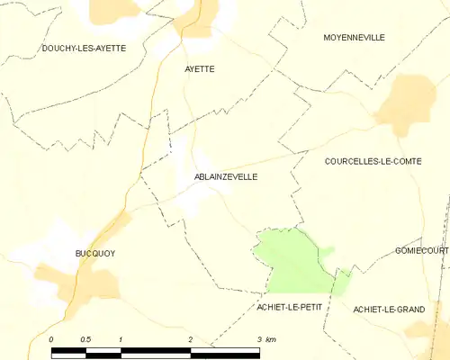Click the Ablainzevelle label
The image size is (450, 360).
coord(225,177)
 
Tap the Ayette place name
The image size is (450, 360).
coord(200,68)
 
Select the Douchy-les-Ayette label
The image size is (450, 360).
coord(84,48)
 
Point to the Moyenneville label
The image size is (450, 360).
coord(354,38)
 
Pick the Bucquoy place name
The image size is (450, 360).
coord(94,254)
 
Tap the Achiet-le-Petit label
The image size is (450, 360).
coord(289,307)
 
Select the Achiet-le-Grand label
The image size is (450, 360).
coord(389,310)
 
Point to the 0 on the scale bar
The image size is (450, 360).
coord(51,339)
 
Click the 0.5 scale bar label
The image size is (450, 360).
coord(85,339)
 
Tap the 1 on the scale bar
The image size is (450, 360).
coord(121,339)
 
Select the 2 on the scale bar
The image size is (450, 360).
coord(190,339)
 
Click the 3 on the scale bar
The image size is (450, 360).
coord(259,339)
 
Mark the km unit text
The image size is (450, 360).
coord(271,339)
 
